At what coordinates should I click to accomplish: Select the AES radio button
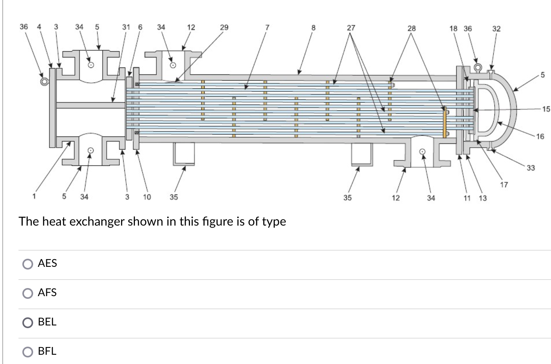tap(28, 264)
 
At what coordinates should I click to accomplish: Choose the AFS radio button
tap(28, 293)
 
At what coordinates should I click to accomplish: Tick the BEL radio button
tap(28, 322)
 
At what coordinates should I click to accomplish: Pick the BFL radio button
tap(28, 352)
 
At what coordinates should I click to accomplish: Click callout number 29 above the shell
tap(224, 27)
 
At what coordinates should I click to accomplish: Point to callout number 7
tap(266, 27)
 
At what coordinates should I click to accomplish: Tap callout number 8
tap(313, 28)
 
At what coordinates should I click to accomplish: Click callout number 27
tap(351, 28)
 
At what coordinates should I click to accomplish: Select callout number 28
tap(412, 28)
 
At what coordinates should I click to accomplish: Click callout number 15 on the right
tap(546, 109)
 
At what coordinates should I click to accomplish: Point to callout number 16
tap(540, 136)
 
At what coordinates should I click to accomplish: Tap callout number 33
tap(531, 168)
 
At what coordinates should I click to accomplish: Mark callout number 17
tap(504, 185)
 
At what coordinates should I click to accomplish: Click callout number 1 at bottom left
tap(34, 197)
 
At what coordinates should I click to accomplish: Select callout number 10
tap(147, 197)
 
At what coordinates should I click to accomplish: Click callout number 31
tap(126, 27)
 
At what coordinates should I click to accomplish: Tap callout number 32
tap(496, 29)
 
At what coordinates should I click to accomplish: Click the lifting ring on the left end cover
tap(44, 81)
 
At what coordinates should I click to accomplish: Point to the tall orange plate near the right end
tap(445, 123)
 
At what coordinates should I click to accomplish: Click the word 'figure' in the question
tap(215, 222)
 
